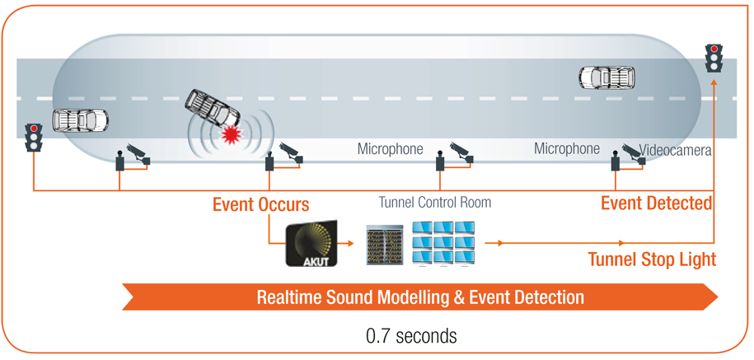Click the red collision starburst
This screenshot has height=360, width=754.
tap(230, 134)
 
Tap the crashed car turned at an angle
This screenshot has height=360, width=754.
tap(213, 109)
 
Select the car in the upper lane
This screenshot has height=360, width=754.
tap(606, 77)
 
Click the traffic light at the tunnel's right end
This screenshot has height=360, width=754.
tap(714, 58)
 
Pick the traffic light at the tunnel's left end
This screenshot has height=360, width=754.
tap(34, 138)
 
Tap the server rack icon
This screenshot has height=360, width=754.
tap(383, 245)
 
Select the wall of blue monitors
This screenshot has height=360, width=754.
tap(444, 244)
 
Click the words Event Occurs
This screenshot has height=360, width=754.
tap(260, 204)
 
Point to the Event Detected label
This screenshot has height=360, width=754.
tap(657, 203)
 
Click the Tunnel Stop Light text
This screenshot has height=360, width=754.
tap(653, 259)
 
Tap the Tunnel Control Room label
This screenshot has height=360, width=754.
tap(435, 202)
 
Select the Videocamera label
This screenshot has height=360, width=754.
tap(675, 151)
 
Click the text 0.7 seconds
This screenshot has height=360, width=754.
tap(412, 336)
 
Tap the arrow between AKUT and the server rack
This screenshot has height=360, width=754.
tap(346, 244)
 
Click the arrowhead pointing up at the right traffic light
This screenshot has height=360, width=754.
tap(714, 83)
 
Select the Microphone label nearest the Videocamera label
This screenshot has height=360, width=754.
tap(567, 149)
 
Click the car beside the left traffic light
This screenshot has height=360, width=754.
tap(80, 120)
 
